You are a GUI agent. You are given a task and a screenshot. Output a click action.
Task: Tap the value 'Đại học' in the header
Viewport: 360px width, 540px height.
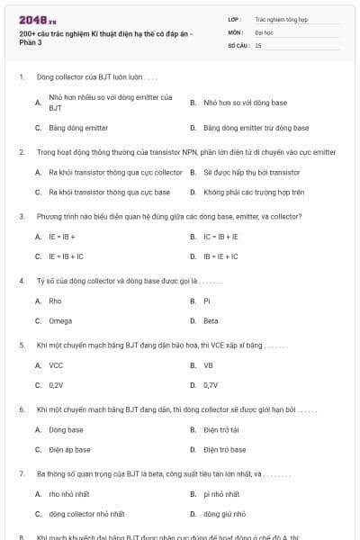click(x=265, y=31)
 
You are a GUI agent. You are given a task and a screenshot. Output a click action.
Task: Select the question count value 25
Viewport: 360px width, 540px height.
click(x=258, y=44)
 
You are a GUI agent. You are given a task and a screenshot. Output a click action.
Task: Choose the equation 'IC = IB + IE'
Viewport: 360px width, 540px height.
click(x=220, y=237)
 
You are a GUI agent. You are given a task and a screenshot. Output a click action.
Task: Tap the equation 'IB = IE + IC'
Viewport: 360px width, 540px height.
click(x=220, y=256)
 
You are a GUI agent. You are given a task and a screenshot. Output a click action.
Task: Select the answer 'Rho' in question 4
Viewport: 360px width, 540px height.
click(x=55, y=301)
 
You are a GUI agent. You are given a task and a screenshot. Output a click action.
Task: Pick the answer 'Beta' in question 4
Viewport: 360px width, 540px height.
click(x=211, y=320)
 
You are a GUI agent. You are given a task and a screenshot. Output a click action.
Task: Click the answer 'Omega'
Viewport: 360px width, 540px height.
click(x=59, y=320)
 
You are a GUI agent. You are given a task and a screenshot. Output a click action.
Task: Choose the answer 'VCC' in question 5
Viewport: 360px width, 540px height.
click(x=56, y=365)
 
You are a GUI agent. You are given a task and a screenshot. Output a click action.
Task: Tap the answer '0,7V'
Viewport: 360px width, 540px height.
click(x=211, y=385)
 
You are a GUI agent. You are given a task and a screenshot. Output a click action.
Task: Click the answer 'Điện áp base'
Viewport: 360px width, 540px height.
click(x=69, y=449)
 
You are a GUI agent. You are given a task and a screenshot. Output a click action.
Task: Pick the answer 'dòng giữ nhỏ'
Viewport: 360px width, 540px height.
click(x=224, y=514)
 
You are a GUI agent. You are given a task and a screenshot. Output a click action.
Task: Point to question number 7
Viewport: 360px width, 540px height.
click(x=21, y=472)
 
